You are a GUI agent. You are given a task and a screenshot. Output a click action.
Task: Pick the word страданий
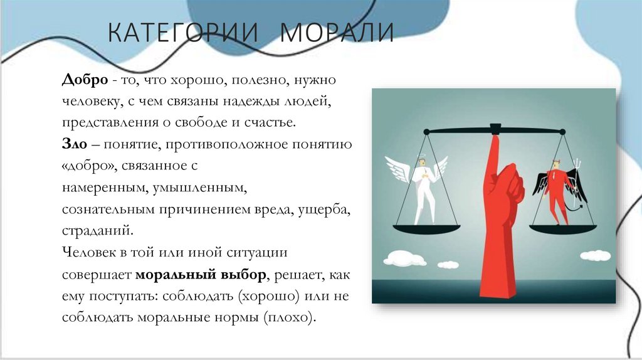(97, 230)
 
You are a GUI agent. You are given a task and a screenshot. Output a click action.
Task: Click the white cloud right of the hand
(594, 255)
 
